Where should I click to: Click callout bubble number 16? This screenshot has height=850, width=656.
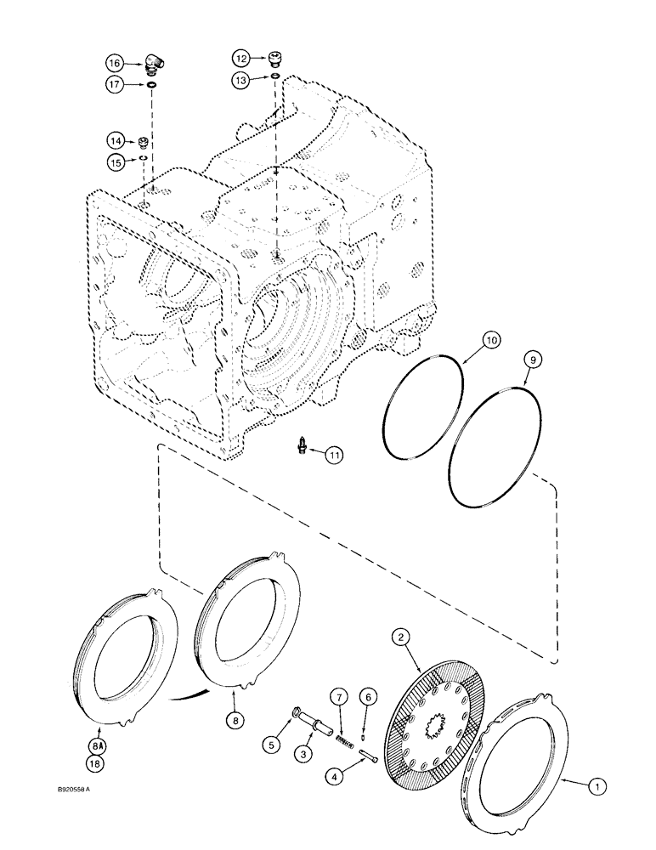(114, 63)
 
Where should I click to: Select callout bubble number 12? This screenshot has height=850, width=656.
(241, 58)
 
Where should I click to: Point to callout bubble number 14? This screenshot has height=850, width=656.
(114, 139)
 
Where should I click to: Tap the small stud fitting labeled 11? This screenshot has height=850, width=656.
(302, 447)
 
